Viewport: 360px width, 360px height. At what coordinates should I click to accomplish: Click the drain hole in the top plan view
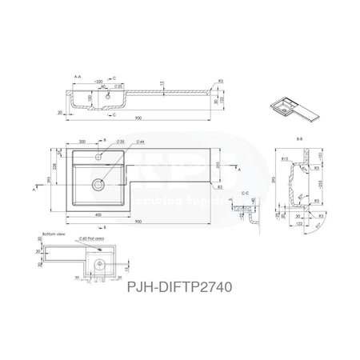(98, 183)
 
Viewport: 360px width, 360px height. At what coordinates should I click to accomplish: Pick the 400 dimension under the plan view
(97, 216)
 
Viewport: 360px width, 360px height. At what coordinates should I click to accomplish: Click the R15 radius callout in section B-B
(285, 159)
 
